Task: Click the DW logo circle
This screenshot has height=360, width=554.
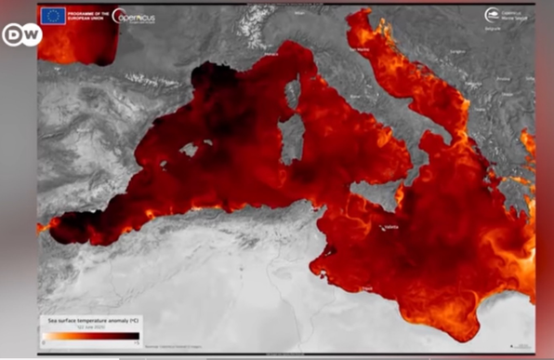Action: click(20, 34)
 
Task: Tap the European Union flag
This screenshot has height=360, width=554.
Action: click(51, 16)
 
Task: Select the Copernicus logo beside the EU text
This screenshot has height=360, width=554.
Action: click(136, 16)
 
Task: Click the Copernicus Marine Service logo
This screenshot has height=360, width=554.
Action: click(506, 16)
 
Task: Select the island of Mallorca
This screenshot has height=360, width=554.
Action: click(191, 149)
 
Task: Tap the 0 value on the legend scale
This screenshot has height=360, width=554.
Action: click(43, 342)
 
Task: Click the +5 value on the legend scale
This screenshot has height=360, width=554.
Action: click(138, 342)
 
